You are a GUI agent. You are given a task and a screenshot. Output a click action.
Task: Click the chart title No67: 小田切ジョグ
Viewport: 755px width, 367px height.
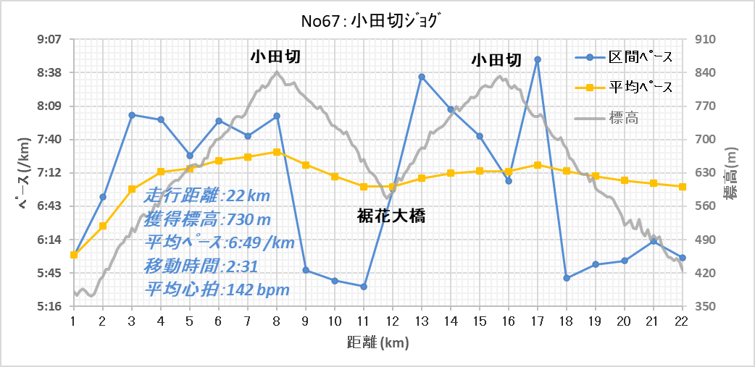[377, 21]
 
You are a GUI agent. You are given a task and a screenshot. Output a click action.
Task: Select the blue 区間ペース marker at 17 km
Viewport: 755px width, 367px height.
[538, 59]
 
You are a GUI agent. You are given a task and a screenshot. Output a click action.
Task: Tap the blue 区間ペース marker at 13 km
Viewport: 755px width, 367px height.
[421, 77]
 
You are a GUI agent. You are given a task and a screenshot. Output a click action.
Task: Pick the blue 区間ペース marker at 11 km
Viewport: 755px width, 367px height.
[364, 286]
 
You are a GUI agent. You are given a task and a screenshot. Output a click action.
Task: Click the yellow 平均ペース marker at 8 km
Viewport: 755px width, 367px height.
[276, 152]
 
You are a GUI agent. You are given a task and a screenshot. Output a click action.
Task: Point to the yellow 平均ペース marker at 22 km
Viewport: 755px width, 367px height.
[683, 187]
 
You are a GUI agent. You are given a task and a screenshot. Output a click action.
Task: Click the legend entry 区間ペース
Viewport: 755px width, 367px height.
[624, 56]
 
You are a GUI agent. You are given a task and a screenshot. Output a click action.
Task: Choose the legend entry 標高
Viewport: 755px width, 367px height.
[607, 117]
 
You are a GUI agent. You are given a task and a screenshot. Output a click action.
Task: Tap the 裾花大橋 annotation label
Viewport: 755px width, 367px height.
[391, 217]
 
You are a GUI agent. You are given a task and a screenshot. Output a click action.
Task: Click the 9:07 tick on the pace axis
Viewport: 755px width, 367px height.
[49, 39]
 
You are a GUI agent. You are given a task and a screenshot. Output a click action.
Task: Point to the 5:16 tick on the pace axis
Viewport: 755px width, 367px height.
[49, 306]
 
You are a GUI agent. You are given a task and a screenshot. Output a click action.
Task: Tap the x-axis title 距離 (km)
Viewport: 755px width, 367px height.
[377, 342]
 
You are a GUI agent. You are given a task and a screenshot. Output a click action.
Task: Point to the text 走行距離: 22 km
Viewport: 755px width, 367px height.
[207, 196]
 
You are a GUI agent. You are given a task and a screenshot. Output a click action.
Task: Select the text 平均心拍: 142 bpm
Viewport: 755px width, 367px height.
[217, 290]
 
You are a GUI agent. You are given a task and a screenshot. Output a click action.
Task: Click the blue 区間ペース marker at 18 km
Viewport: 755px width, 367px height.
[567, 278]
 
